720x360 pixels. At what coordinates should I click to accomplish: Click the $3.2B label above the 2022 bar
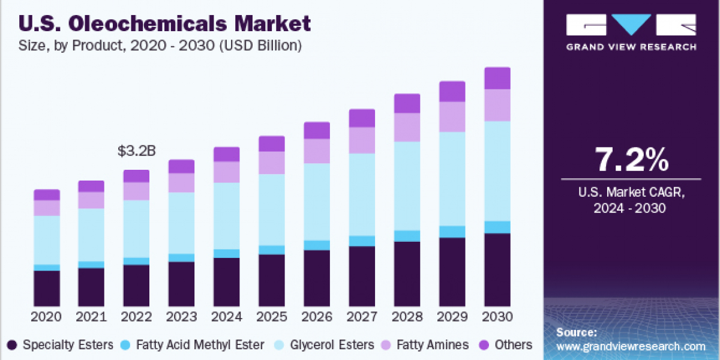[x=136, y=151]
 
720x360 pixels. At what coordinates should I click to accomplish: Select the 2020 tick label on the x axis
[x=47, y=317]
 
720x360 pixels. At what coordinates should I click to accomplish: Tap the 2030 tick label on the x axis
[x=497, y=317]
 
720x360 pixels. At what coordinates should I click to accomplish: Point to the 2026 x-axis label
[x=317, y=317]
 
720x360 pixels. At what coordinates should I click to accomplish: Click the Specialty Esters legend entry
[x=60, y=345]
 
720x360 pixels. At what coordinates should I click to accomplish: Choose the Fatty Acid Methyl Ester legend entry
[x=192, y=345]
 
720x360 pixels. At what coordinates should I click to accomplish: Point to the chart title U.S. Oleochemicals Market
[x=165, y=24]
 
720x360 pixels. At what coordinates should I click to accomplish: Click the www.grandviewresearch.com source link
[x=631, y=346]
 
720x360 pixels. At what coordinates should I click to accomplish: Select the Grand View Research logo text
[x=631, y=47]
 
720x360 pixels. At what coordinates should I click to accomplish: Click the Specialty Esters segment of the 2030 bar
[x=497, y=270]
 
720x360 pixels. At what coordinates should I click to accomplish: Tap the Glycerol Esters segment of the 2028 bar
[x=407, y=186]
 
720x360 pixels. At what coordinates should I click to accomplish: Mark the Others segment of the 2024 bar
[x=227, y=154]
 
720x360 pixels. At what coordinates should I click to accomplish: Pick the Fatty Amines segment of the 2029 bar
[x=452, y=116]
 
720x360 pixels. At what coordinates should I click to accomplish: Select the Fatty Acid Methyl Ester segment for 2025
[x=272, y=250]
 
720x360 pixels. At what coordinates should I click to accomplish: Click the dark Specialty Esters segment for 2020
[x=47, y=288]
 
